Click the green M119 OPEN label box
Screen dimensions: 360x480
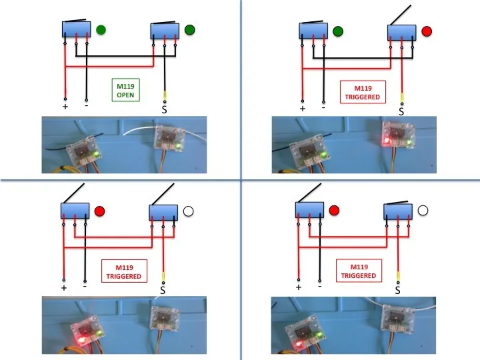pos(125,90)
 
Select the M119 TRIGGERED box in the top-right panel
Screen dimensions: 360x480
pos(362,92)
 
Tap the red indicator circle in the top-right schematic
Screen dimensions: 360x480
pos(427,31)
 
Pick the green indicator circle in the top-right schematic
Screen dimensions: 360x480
pos(337,31)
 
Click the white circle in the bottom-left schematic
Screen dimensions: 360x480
pos(188,211)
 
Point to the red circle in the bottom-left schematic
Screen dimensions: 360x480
pos(100,211)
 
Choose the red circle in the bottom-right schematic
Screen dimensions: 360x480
pos(334,211)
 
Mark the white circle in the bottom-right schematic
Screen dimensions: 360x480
pos(423,211)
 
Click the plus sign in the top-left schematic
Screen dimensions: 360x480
pos(65,106)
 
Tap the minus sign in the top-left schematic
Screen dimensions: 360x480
pos(87,105)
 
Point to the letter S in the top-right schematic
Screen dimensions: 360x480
pos(401,112)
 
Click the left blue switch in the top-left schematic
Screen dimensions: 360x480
pos(76,29)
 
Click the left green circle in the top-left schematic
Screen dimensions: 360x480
pos(101,29)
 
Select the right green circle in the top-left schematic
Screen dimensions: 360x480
pos(190,29)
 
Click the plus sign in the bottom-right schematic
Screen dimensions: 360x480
pos(298,287)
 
